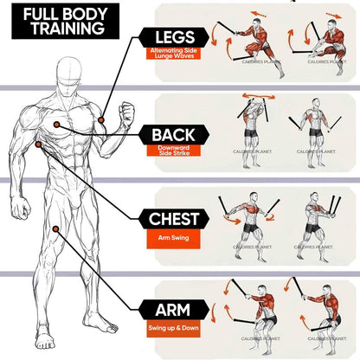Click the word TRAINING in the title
pos(63,28)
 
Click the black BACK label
pos(173,135)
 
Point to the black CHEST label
pos(173,219)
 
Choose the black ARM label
pos(173,309)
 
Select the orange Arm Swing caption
pos(173,237)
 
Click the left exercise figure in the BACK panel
pos(252,128)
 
